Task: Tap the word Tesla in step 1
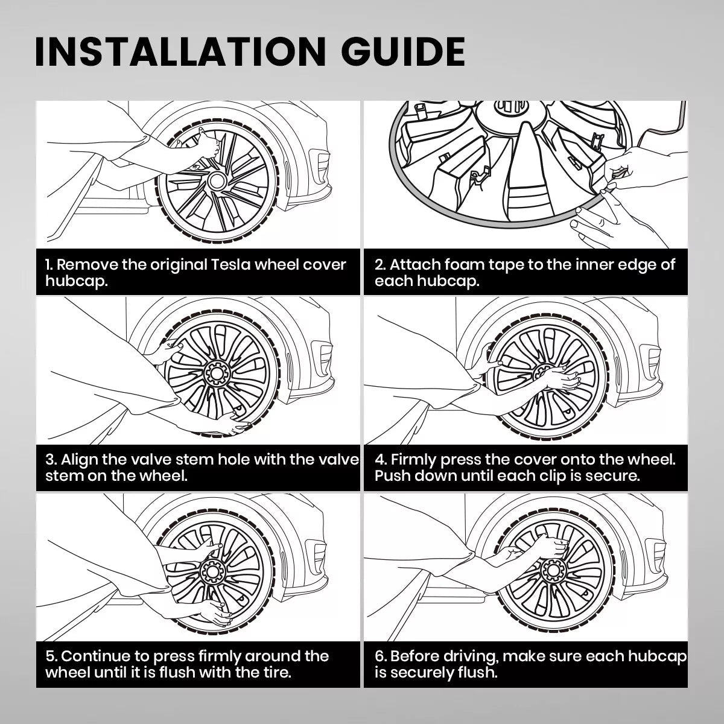pos(230,264)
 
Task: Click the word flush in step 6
pos(478,673)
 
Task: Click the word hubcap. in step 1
pos(77,281)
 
